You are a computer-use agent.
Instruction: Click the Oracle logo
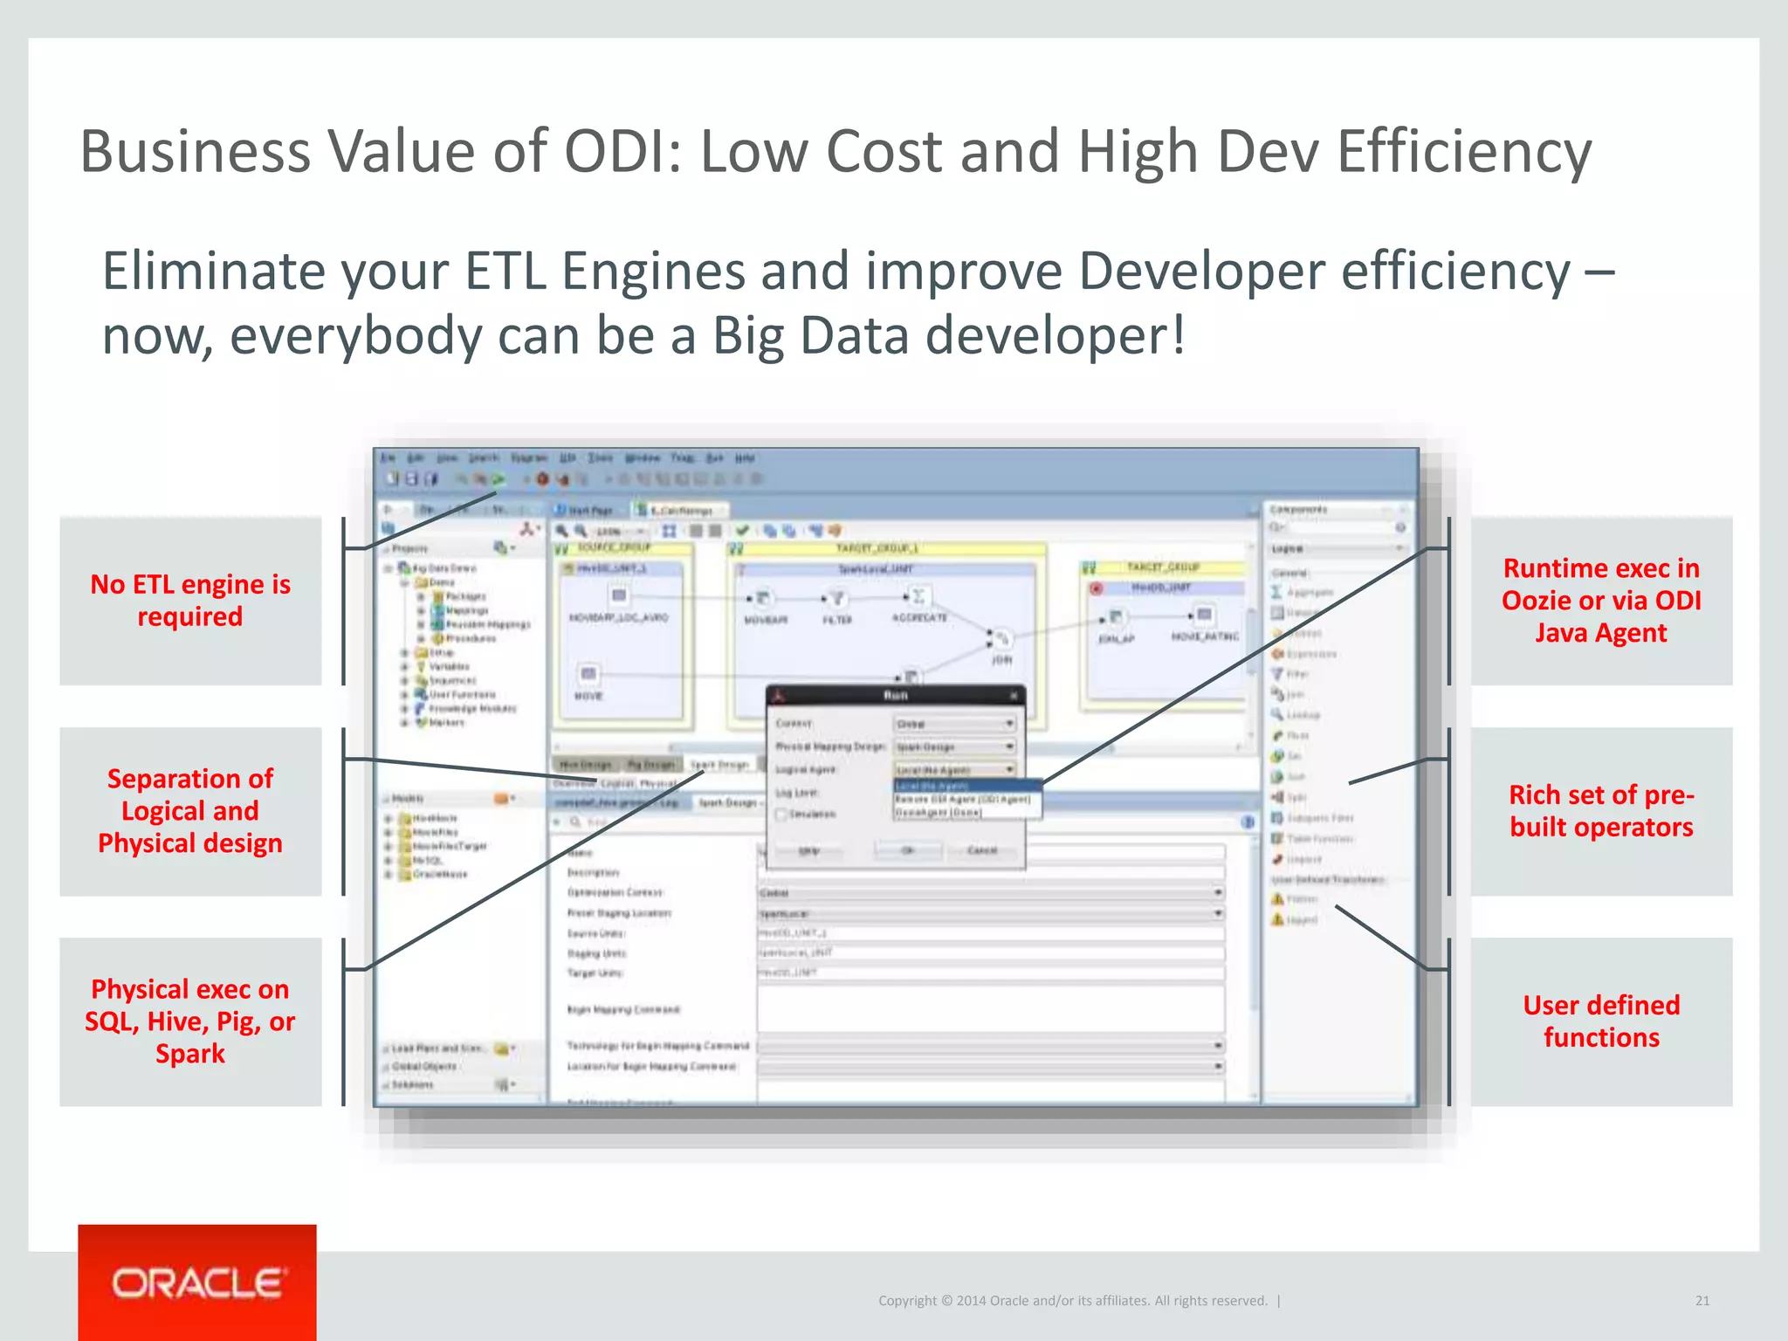(x=197, y=1283)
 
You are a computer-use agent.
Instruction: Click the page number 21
(x=1702, y=1301)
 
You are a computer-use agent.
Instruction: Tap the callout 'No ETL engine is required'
(x=190, y=601)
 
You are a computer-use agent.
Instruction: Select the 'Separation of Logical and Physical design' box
(x=190, y=811)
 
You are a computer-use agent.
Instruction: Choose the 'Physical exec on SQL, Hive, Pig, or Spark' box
(x=190, y=1021)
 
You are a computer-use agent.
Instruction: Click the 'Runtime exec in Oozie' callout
(x=1601, y=601)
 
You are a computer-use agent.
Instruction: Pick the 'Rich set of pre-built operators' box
(x=1601, y=811)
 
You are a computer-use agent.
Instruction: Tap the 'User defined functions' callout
(x=1601, y=1021)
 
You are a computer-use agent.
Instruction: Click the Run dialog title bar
(x=895, y=696)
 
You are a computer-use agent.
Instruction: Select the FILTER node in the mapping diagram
(x=836, y=599)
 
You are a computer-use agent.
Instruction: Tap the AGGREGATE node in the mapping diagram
(x=918, y=597)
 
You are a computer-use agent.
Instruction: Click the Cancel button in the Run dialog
(x=982, y=850)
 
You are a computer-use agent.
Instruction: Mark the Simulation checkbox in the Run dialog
(x=782, y=815)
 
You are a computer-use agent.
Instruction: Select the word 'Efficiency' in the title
(x=1464, y=151)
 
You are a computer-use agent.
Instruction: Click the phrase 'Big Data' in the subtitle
(x=811, y=336)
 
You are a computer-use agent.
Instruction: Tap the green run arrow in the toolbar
(x=499, y=479)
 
